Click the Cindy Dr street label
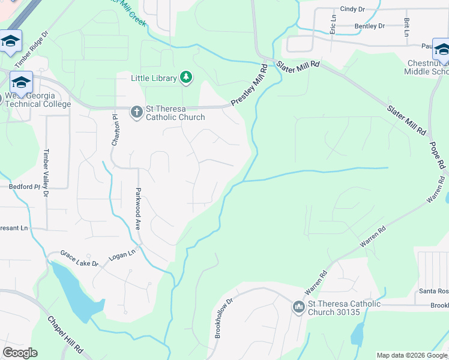tap(352, 9)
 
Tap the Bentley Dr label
tap(370, 26)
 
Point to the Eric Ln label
tap(333, 25)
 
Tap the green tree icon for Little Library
tap(187, 77)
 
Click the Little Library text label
tap(154, 78)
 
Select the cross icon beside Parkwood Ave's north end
tap(137, 111)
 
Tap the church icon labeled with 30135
tap(298, 307)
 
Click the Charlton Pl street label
tap(115, 130)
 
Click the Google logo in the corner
tap(19, 353)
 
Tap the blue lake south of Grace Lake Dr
tap(75, 294)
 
